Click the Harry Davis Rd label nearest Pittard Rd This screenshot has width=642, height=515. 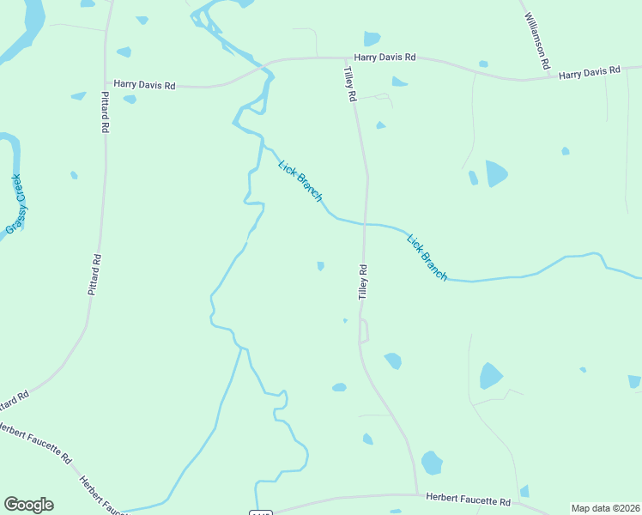[144, 85]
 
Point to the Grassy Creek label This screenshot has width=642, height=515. [16, 204]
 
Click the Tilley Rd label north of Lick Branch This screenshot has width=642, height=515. [350, 84]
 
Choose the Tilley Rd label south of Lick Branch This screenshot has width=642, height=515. [362, 281]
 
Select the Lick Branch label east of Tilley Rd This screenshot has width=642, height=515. [427, 257]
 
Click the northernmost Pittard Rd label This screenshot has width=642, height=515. [105, 112]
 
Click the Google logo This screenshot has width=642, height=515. [28, 505]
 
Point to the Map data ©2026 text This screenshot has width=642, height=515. [605, 508]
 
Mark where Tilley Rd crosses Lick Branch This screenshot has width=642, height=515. [366, 224]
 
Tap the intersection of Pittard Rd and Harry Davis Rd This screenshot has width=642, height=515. [106, 85]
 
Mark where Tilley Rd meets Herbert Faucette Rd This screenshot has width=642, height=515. [417, 494]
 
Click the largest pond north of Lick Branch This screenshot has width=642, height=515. [496, 173]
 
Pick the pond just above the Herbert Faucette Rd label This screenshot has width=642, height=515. [432, 463]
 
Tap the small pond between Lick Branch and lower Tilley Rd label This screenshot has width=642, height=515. [320, 266]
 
